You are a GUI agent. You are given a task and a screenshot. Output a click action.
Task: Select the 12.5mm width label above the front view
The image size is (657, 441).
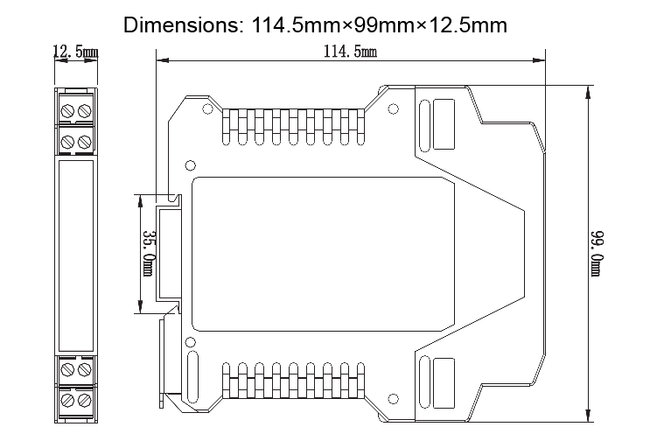point(75,52)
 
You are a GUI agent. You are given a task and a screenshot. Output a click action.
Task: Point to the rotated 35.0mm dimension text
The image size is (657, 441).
point(148,253)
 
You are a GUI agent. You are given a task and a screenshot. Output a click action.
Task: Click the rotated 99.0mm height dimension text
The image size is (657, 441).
point(598,253)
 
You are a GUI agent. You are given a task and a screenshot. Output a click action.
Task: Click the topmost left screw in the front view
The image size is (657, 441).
point(67,110)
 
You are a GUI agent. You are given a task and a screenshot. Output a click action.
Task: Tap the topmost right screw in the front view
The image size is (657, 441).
point(84,110)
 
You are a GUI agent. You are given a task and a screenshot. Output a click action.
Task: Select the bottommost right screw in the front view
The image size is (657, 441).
point(84,401)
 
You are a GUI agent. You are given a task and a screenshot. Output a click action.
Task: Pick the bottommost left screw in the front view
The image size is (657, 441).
point(67,401)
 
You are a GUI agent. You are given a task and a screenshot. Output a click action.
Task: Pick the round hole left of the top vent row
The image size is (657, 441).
point(206,110)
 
